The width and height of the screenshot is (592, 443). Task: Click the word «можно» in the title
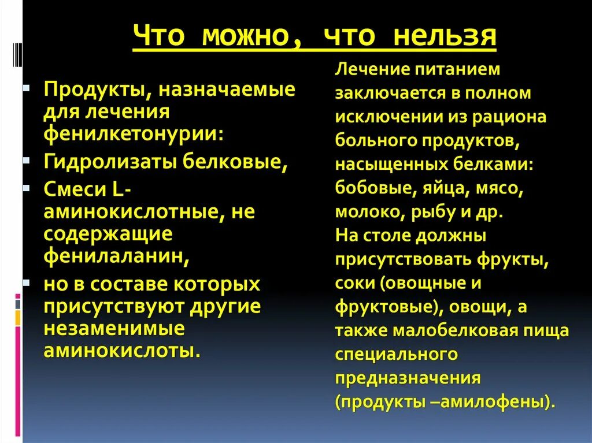[248, 37]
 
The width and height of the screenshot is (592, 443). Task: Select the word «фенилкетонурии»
[132, 133]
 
